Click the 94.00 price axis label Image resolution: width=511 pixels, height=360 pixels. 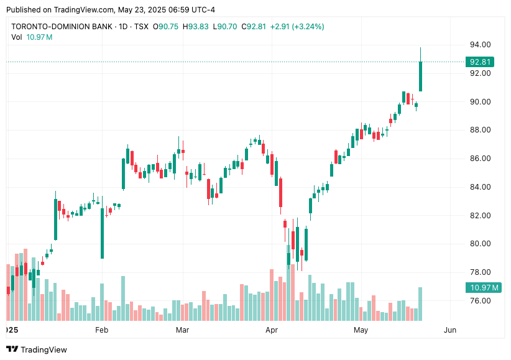481,45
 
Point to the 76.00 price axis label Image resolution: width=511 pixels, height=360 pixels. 481,301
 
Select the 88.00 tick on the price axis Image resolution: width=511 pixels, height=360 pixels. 481,130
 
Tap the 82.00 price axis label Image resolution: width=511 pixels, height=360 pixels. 481,216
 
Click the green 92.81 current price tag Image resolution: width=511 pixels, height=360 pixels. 481,62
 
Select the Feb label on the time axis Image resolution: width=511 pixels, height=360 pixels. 101,330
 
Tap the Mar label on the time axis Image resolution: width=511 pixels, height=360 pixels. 182,330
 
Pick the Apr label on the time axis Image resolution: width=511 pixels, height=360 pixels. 271,330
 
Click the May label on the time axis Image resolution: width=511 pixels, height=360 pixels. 361,330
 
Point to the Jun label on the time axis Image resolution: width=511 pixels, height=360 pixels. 450,330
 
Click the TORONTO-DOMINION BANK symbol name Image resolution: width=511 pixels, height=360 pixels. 62,27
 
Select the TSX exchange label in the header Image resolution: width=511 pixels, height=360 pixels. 142,27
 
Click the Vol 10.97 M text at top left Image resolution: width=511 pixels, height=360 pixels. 32,37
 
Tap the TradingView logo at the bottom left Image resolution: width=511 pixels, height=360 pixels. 37,349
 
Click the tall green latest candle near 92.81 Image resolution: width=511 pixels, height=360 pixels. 421,76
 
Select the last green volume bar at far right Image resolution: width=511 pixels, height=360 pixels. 421,303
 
